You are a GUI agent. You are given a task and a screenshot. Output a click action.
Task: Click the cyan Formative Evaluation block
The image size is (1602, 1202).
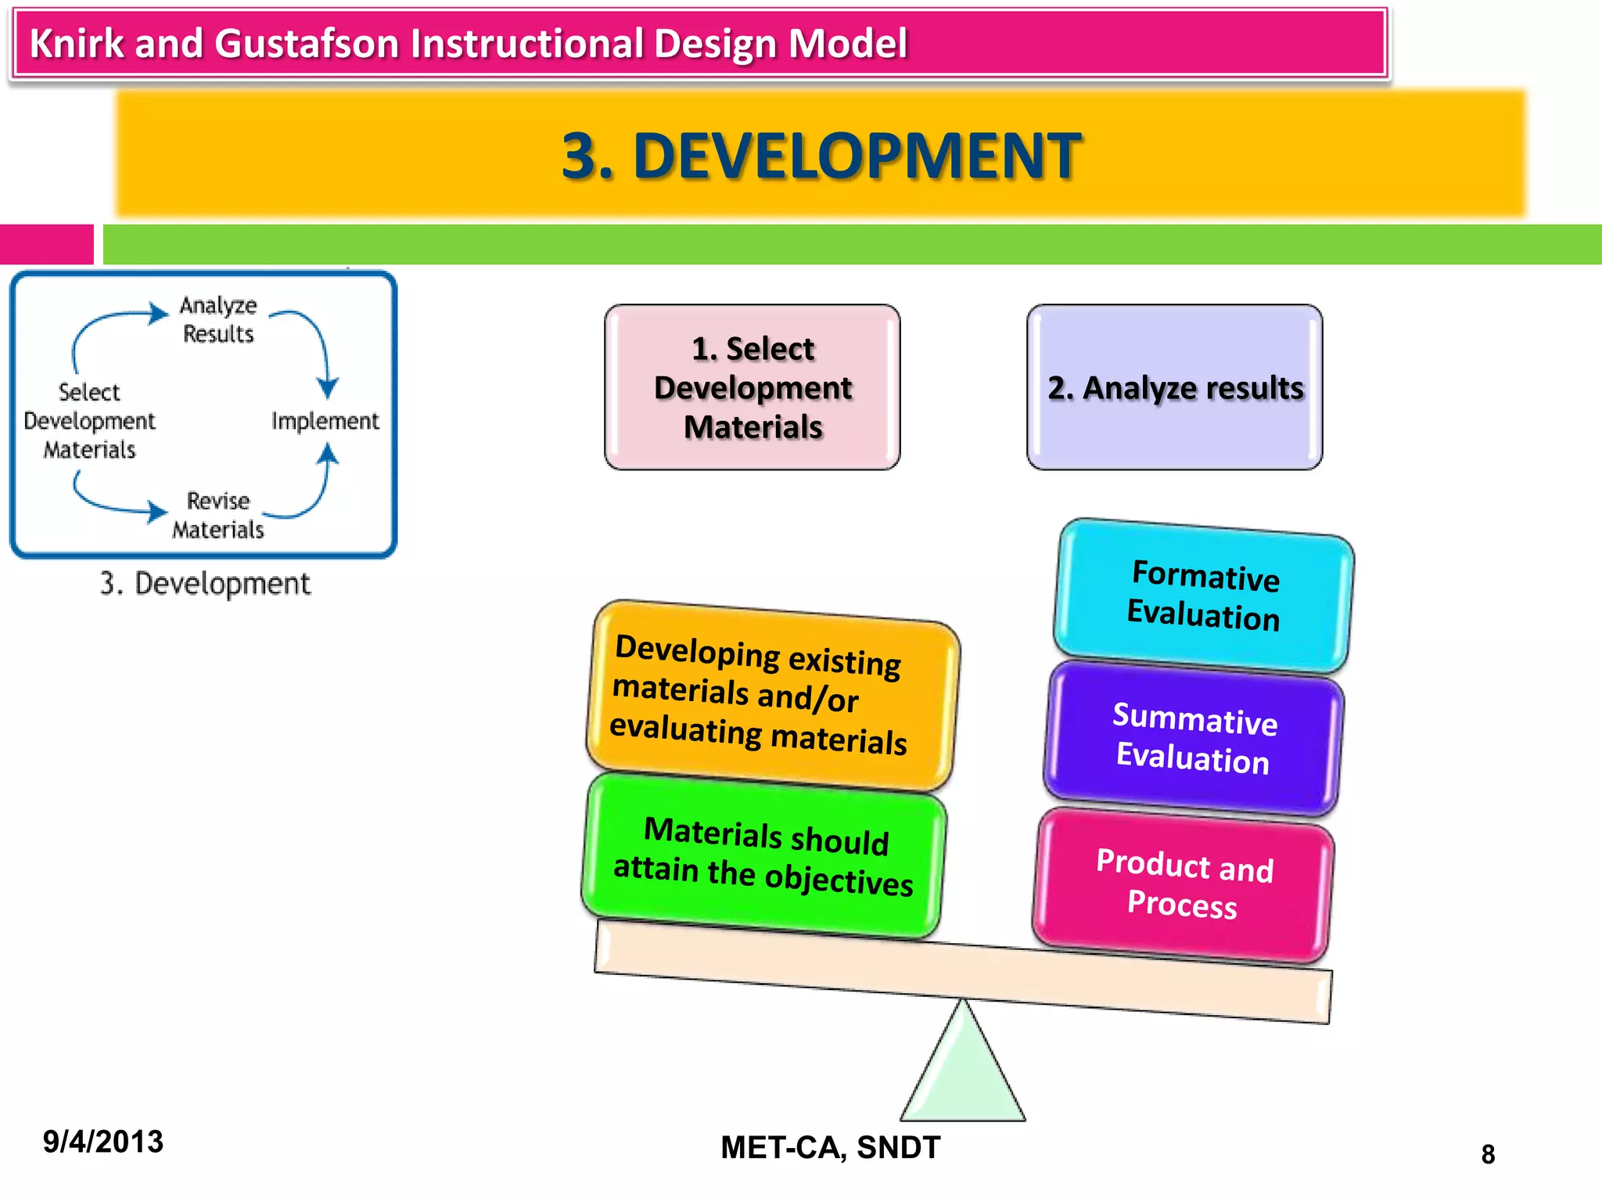(x=1204, y=596)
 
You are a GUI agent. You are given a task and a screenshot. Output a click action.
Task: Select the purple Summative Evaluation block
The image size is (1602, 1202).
(x=1194, y=739)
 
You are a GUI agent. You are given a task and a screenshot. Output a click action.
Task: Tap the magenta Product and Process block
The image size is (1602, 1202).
(x=1184, y=884)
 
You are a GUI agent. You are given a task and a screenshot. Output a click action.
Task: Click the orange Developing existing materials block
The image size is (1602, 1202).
(x=773, y=696)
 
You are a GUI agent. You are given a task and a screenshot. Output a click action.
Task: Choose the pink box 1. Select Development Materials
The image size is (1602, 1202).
(x=753, y=387)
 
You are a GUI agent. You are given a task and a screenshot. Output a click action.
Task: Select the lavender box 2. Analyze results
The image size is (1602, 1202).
(x=1175, y=387)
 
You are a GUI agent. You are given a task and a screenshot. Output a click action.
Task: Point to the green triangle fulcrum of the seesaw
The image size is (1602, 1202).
(x=963, y=1072)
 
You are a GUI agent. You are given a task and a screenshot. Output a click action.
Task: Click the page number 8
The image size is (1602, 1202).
(x=1488, y=1154)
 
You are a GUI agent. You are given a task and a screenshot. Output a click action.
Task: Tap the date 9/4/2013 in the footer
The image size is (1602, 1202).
(x=103, y=1142)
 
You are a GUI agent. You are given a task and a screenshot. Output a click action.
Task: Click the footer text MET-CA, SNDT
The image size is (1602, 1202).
(x=830, y=1147)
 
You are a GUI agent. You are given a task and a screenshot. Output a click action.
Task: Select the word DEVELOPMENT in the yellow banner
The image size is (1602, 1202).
(x=857, y=156)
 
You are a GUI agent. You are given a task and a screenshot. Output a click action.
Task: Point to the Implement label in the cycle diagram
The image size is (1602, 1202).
(x=325, y=421)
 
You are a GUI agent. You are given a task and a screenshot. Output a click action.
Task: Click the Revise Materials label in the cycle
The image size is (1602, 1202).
(x=218, y=515)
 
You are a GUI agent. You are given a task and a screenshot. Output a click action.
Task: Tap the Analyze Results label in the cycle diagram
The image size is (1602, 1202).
(x=218, y=319)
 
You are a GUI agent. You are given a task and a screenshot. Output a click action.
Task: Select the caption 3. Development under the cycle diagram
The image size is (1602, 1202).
(x=205, y=584)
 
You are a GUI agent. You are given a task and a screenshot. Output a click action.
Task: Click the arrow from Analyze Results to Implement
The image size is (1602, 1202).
(x=318, y=344)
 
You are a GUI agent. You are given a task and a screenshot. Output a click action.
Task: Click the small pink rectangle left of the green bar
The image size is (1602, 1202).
(x=46, y=244)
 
